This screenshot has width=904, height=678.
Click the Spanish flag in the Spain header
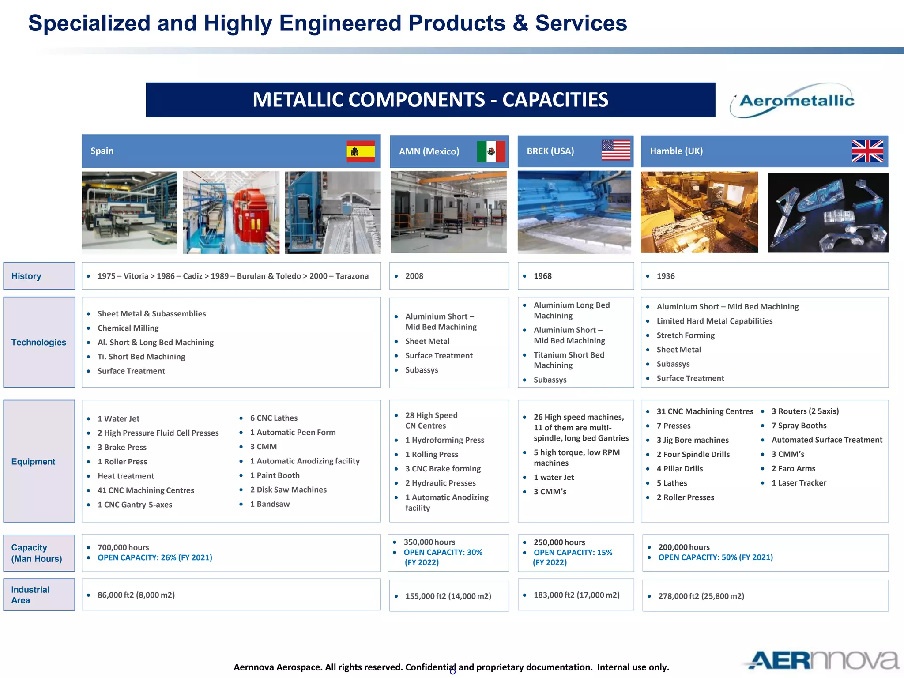point(360,151)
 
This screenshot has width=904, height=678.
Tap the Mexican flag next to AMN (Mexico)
point(491,151)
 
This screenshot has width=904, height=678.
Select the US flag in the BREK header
point(616,151)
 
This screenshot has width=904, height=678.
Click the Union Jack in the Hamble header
point(867,151)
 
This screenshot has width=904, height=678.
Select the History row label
point(26,276)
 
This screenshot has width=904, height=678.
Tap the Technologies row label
point(39,343)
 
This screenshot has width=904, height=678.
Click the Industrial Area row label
point(30,595)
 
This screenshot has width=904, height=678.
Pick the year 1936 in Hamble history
point(666,276)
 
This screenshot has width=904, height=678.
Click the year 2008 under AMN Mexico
point(414,276)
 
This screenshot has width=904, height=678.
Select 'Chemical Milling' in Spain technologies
point(128,328)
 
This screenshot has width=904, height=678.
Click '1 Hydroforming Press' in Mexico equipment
point(444,440)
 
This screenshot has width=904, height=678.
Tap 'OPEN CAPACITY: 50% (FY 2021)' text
point(715,557)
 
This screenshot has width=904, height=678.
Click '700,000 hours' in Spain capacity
point(123,547)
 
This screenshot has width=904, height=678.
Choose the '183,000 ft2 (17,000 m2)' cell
point(576,595)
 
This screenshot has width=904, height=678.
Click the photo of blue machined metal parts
point(828,213)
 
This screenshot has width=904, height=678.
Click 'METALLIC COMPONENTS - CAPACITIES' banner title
point(430,100)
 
